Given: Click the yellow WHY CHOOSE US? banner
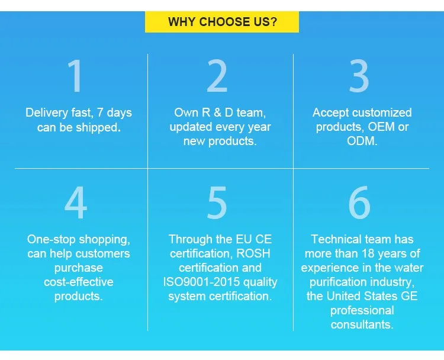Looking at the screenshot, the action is pyautogui.click(x=222, y=22).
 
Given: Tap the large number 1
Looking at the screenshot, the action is pyautogui.click(x=75, y=76).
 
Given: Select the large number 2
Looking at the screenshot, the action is pyautogui.click(x=217, y=76).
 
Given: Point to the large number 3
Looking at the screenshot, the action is pyautogui.click(x=359, y=76).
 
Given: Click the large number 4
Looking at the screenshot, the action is pyautogui.click(x=76, y=202).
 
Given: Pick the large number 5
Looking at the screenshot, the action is pyautogui.click(x=217, y=202).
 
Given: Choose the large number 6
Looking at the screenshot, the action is pyautogui.click(x=359, y=202).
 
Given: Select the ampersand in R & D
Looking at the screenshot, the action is pyautogui.click(x=217, y=112).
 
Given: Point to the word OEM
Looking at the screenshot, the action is pyautogui.click(x=381, y=127).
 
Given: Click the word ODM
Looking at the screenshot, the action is pyautogui.click(x=362, y=141).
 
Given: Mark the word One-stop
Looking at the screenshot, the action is pyautogui.click(x=52, y=240).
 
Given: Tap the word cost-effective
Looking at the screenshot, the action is pyautogui.click(x=79, y=282).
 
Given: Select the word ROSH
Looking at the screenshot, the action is pyautogui.click(x=253, y=253).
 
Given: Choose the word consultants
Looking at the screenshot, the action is pyautogui.click(x=362, y=324).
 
